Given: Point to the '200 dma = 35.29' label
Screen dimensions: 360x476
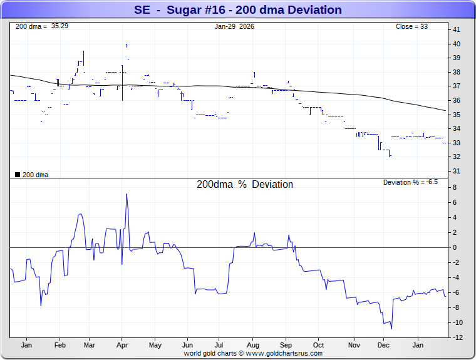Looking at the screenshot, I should (42, 27).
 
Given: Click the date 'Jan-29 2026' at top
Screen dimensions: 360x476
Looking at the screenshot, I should (235, 27).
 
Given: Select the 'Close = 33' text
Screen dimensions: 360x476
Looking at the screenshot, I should (411, 27).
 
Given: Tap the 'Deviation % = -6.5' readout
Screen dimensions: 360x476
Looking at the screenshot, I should (410, 182).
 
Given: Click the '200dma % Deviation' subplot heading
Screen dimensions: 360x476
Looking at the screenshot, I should (245, 185).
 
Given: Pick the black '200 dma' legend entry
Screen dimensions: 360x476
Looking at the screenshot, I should (32, 175).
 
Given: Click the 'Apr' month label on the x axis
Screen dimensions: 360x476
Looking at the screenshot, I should (122, 345).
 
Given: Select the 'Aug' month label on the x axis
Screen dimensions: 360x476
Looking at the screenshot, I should (253, 345).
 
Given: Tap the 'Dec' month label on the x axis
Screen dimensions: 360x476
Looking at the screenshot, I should (383, 345).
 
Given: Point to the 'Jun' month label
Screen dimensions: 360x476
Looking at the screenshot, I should (187, 345).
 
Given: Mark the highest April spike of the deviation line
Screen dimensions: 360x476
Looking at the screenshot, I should (127, 194).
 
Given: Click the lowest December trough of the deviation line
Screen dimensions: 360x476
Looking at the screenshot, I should (391, 329).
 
